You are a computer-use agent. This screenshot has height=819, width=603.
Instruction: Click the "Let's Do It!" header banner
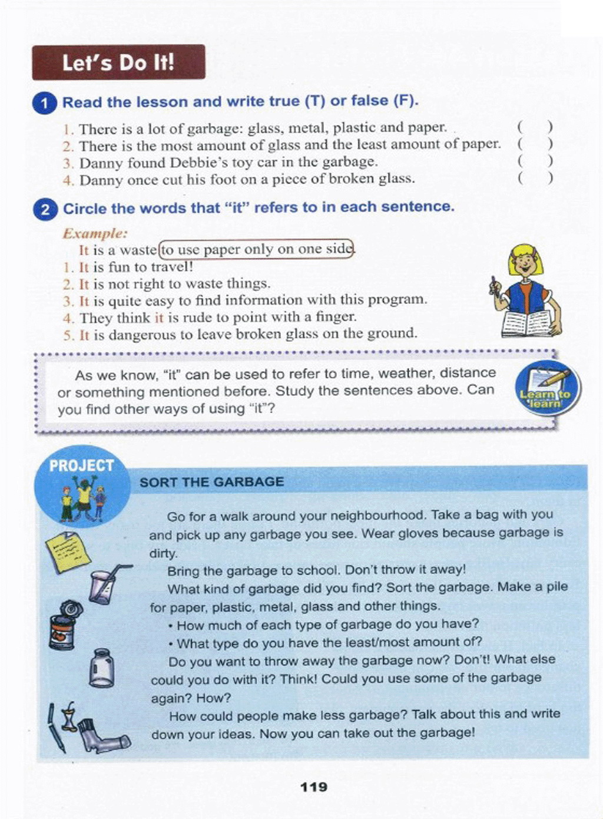(x=118, y=62)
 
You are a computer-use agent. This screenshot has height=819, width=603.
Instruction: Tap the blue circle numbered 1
(x=45, y=103)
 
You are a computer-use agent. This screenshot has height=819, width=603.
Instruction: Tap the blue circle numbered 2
(x=45, y=209)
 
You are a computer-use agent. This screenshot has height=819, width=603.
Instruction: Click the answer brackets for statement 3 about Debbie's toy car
(x=535, y=161)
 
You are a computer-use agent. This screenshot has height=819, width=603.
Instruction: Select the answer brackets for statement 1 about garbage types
(x=535, y=127)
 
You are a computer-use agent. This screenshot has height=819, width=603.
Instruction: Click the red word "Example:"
(x=95, y=233)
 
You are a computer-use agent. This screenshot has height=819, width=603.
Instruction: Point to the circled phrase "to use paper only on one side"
(x=257, y=249)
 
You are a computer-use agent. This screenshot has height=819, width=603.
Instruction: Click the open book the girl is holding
(x=528, y=323)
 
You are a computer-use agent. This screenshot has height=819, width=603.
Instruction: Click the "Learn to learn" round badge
(x=546, y=389)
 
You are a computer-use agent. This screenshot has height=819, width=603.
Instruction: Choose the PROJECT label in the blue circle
(x=81, y=465)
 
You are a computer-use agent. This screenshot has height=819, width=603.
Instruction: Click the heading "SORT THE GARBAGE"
(x=211, y=482)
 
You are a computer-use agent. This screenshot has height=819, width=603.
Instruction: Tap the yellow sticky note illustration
(x=68, y=551)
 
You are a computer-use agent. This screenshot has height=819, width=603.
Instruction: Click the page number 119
(x=313, y=787)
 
